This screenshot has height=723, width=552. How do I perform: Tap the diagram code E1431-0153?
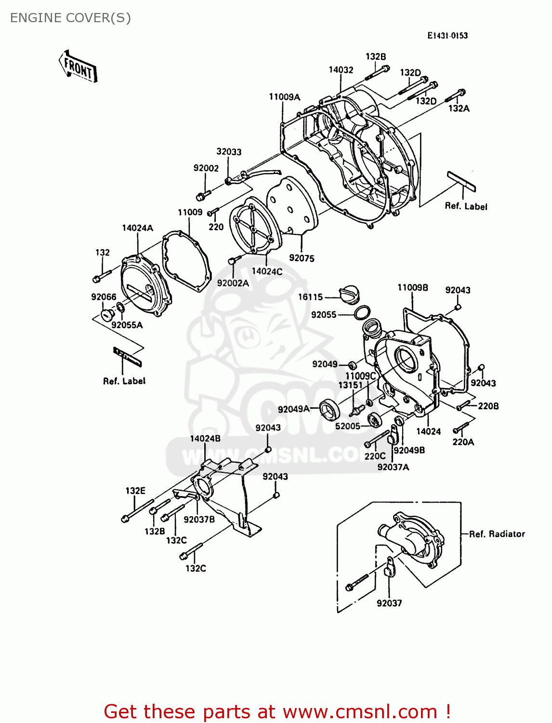pos(447,36)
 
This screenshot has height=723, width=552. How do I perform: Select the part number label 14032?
pos(341,70)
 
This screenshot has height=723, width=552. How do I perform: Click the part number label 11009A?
pos(284,97)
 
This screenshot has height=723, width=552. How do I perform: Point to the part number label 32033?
pos(229,152)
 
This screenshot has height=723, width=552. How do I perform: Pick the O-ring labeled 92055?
pos(362,313)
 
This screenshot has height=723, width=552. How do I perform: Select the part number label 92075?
pos(302,258)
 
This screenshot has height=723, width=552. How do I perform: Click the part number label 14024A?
pos(137,228)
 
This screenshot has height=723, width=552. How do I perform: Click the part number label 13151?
pos(350,385)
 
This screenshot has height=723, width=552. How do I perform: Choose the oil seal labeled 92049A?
pos(330,410)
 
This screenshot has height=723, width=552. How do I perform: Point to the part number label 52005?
pos(347,426)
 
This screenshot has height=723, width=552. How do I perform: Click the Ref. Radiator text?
pos(497,534)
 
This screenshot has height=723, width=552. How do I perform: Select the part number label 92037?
pos(389,603)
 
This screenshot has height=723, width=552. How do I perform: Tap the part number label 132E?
pos(135,491)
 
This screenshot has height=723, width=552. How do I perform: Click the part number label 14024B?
pos(205,439)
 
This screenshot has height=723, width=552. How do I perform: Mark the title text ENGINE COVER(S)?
pos(70,18)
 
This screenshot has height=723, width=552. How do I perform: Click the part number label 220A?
pos(463,442)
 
